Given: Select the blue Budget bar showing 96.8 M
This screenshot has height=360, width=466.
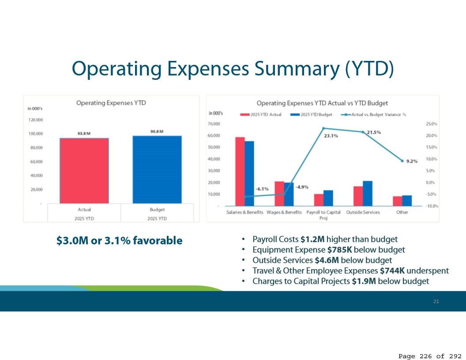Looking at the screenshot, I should (157, 169).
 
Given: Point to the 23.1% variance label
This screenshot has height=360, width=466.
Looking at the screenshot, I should (331, 136).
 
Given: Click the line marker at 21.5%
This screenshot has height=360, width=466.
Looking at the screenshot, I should (363, 132).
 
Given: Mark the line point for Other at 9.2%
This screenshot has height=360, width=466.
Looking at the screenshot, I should (402, 161).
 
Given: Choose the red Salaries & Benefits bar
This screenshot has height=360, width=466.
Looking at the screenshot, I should (240, 172).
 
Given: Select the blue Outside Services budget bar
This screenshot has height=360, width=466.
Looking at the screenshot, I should (368, 193).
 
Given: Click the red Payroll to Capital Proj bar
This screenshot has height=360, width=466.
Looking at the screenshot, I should (319, 200).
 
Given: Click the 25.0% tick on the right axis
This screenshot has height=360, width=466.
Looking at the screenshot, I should (431, 124).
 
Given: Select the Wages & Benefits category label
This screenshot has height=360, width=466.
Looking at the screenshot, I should (284, 212).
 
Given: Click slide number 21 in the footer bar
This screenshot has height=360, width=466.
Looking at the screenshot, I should (436, 301).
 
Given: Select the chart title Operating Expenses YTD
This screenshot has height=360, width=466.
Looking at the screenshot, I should (111, 103).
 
